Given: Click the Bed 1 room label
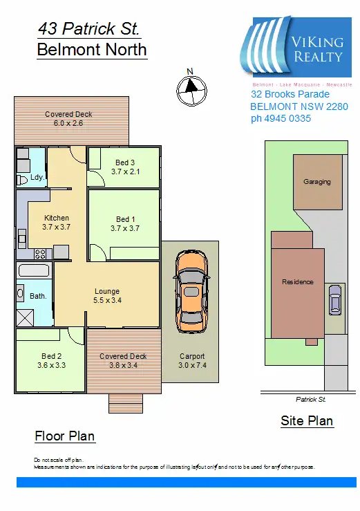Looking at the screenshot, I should (125, 219).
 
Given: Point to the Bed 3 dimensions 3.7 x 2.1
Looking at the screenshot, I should (125, 171).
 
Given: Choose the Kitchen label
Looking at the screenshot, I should (57, 218).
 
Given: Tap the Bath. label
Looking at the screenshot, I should (38, 296).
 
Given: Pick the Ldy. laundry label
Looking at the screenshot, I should (37, 177).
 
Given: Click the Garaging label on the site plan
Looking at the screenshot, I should (317, 182).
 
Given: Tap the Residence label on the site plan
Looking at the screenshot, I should (298, 281).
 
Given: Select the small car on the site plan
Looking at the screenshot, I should (335, 299).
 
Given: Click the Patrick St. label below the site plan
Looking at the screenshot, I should (310, 400).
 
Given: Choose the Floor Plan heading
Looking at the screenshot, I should (65, 436).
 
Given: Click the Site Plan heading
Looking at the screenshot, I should (307, 420).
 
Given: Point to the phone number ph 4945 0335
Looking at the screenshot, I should (281, 118).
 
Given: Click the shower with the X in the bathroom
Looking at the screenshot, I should (25, 317).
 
